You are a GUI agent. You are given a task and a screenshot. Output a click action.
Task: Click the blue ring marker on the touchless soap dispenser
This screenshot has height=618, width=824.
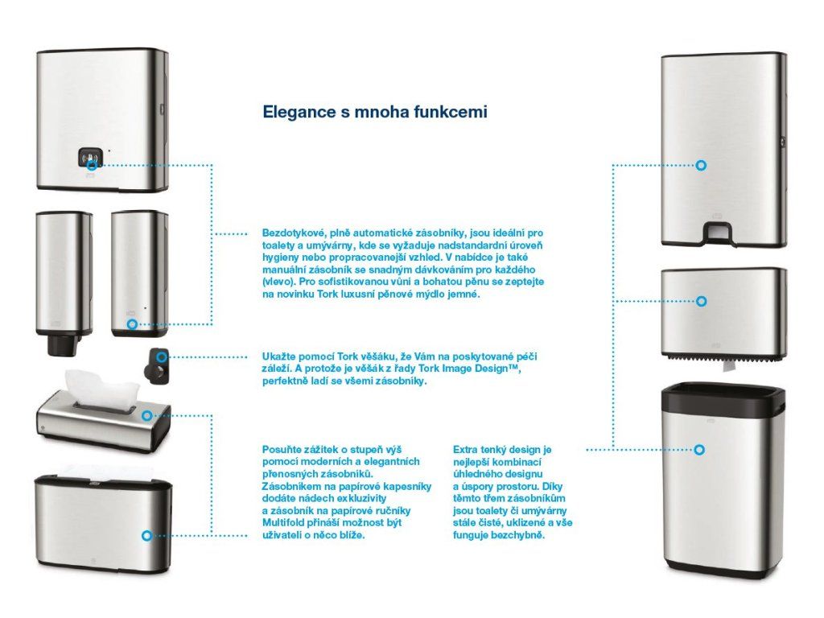coord(132,324)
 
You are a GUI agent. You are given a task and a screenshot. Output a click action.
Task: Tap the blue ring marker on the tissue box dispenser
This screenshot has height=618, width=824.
coord(146,415)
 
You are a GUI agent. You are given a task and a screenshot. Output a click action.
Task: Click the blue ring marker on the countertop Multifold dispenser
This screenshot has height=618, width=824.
coord(146,535)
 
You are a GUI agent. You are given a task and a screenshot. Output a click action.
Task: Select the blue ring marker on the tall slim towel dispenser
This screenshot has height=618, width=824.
coord(702,165)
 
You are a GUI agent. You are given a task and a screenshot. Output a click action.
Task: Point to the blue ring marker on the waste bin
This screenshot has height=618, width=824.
coord(700,450)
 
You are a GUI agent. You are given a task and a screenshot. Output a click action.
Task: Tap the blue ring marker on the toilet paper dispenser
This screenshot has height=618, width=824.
coord(702,301)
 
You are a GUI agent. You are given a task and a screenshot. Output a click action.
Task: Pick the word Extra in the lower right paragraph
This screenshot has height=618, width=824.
coord(468,449)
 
